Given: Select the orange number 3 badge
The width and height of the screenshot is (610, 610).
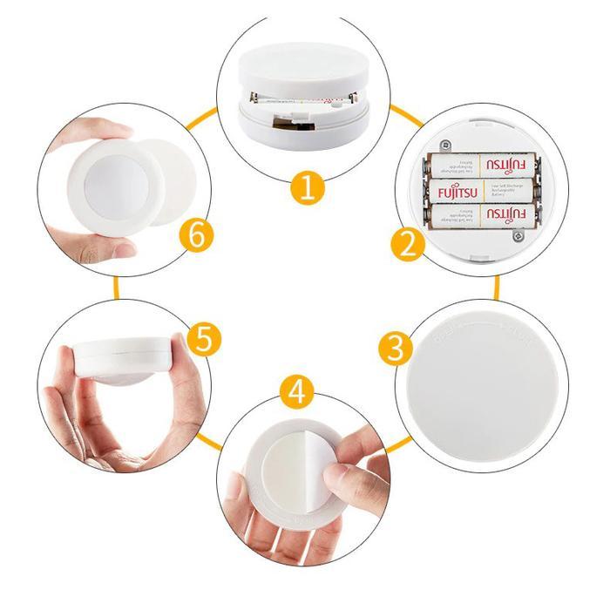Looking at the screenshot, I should click(396, 349).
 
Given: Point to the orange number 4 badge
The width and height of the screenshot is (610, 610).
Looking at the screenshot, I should click(298, 391).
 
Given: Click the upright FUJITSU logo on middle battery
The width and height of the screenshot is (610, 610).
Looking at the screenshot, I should click(457, 190).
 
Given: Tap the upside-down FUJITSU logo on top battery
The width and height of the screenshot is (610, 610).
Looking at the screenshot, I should click(506, 164).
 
